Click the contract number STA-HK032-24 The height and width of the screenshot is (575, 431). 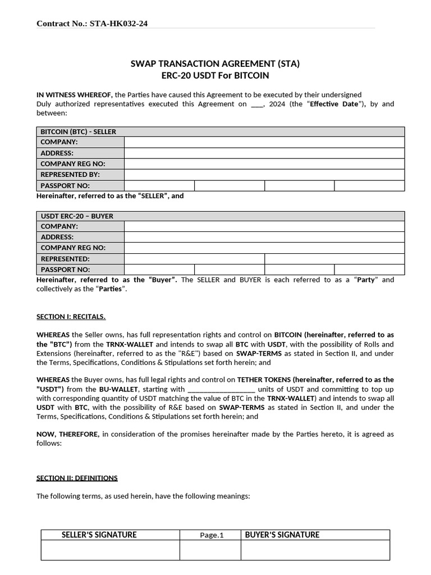point(118,24)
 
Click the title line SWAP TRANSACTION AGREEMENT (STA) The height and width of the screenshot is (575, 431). point(215,64)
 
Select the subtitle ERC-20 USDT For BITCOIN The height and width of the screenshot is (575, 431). point(215,75)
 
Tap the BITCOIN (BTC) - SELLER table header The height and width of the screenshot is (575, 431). point(78,131)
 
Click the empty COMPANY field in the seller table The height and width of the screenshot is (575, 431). point(264,142)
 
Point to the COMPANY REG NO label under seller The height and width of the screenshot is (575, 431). point(73,164)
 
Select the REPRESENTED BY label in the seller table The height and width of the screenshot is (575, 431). point(70,175)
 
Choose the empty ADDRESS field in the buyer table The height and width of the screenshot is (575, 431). point(264,237)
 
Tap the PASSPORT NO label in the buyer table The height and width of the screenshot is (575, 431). point(65,270)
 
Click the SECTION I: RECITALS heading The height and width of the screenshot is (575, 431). point(71,317)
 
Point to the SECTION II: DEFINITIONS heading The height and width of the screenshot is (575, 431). point(77,478)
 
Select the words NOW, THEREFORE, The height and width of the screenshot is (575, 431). point(68,434)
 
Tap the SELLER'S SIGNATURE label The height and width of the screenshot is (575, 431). point(99,535)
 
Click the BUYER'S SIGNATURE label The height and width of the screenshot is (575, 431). point(282,535)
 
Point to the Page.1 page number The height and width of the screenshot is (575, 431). point(212,535)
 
